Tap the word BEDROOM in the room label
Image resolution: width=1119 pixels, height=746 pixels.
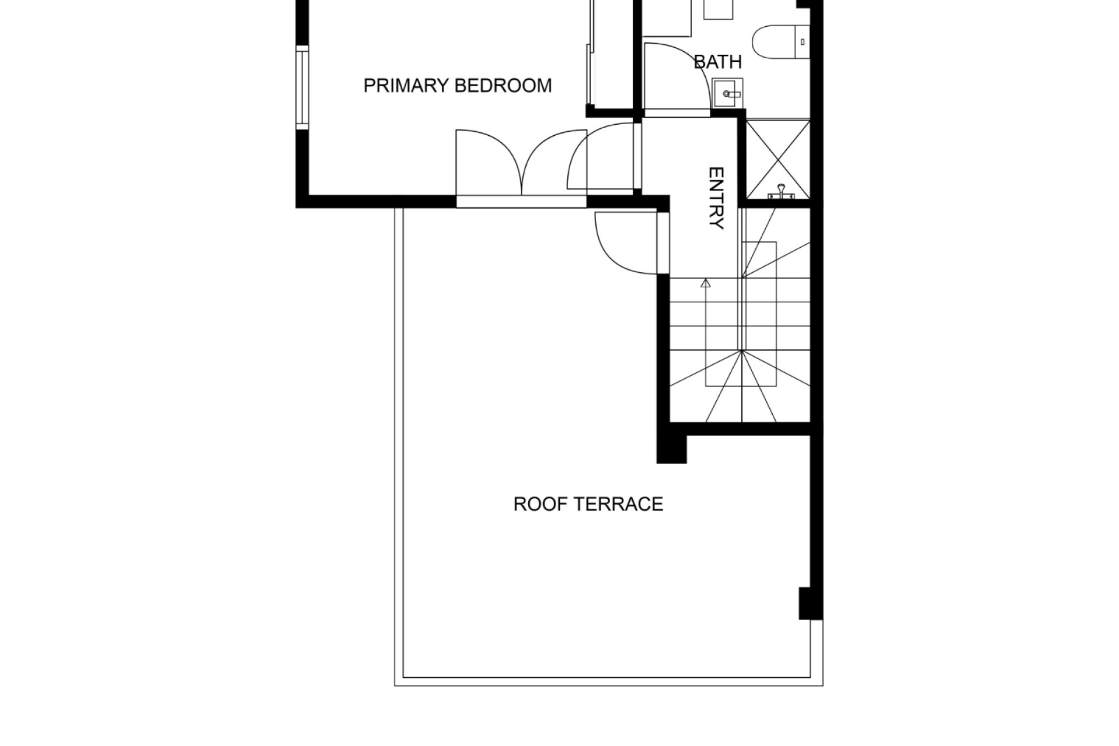pyautogui.click(x=503, y=86)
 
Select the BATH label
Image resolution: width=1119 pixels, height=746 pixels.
pyautogui.click(x=718, y=62)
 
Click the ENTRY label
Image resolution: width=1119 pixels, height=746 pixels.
pyautogui.click(x=716, y=198)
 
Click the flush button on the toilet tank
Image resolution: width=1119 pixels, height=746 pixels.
pyautogui.click(x=803, y=42)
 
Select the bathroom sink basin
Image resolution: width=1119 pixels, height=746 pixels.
pyautogui.click(x=728, y=93)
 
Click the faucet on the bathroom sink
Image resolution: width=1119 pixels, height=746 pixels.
pyautogui.click(x=730, y=93)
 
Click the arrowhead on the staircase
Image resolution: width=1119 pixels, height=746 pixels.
pyautogui.click(x=706, y=284)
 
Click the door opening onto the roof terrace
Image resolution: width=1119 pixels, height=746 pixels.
pyautogui.click(x=628, y=242)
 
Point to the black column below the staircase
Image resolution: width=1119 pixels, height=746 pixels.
pyautogui.click(x=671, y=449)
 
